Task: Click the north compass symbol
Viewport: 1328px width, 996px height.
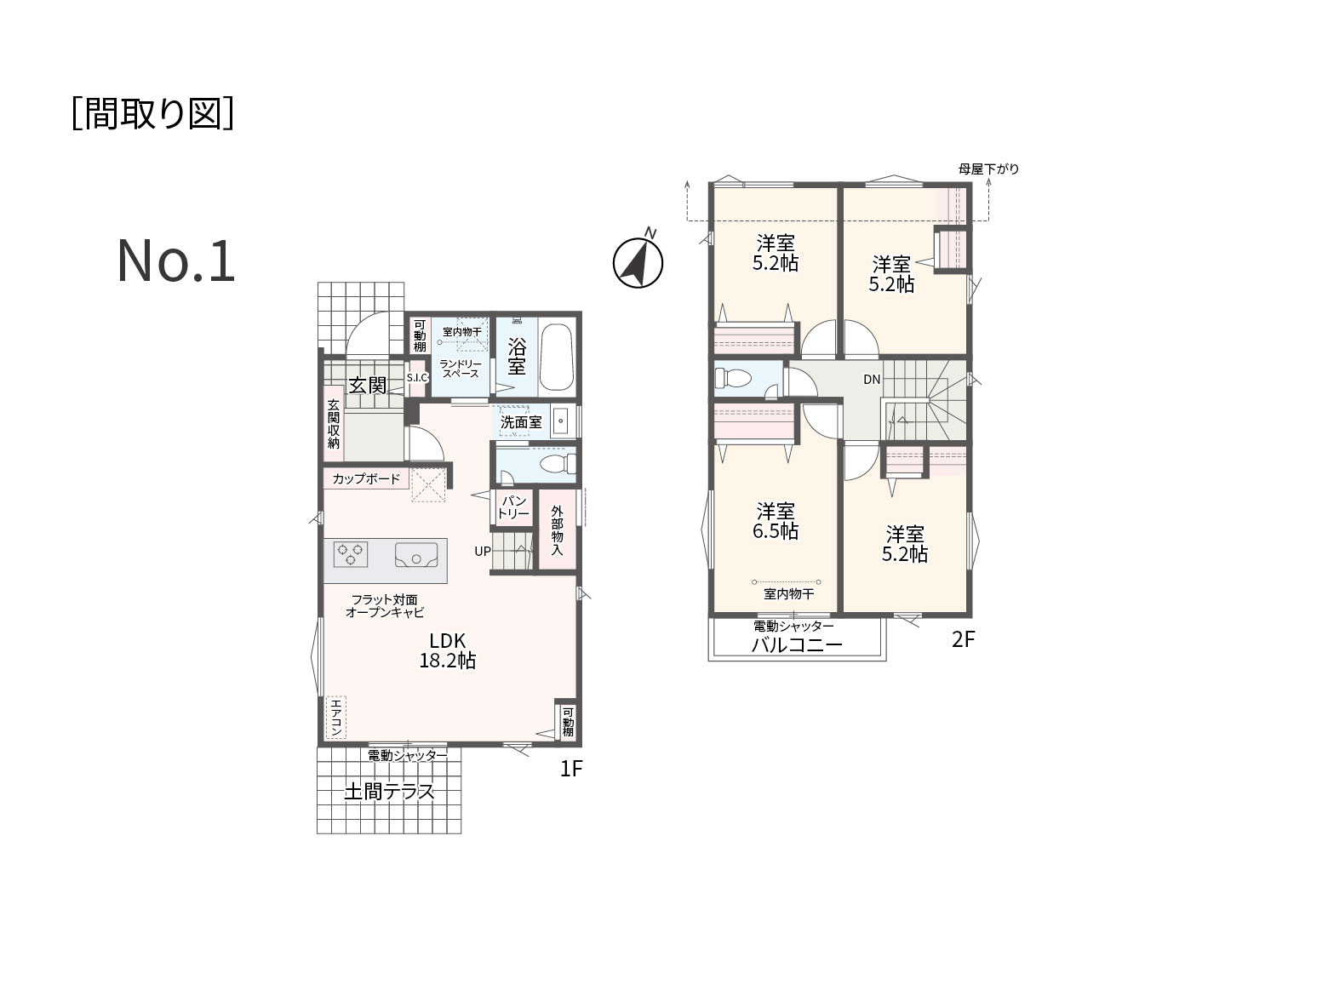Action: point(638,262)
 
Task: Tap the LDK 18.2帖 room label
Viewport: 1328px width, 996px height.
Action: point(447,650)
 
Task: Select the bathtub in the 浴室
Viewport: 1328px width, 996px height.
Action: point(555,358)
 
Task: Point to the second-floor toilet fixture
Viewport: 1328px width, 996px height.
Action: point(733,378)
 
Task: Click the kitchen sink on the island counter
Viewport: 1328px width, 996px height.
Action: point(416,554)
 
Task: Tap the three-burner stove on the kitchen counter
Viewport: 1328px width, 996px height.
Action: point(350,554)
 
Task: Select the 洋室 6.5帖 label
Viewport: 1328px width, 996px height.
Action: point(775,521)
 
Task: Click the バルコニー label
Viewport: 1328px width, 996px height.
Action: point(796,645)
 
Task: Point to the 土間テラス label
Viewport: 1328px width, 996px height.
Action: point(389,792)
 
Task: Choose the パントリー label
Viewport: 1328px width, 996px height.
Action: point(513,507)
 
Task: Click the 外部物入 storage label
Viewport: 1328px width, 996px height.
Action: point(557,530)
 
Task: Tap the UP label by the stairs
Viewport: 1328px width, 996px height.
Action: point(482,552)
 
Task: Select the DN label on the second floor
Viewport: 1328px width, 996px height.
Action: point(872,379)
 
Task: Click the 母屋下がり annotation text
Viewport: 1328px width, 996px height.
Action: point(988,169)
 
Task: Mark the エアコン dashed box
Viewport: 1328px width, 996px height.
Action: point(335,718)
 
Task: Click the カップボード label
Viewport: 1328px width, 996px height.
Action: point(366,479)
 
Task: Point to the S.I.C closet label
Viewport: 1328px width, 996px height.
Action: point(417,378)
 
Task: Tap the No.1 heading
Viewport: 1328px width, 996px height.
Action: point(175,261)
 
